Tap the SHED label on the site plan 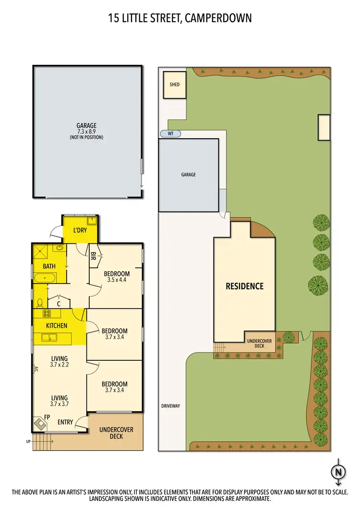tap(175, 84)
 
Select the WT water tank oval tap(170, 134)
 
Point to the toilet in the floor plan tap(40, 302)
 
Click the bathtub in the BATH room tap(45, 278)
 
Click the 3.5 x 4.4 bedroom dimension tap(116, 280)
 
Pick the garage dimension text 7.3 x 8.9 tap(86, 131)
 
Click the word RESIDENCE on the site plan tap(245, 286)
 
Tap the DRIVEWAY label tap(170, 406)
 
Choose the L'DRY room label tap(80, 231)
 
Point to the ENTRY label tap(66, 422)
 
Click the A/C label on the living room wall tap(36, 369)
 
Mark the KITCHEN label tap(57, 326)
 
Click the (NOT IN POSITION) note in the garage tap(86, 137)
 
